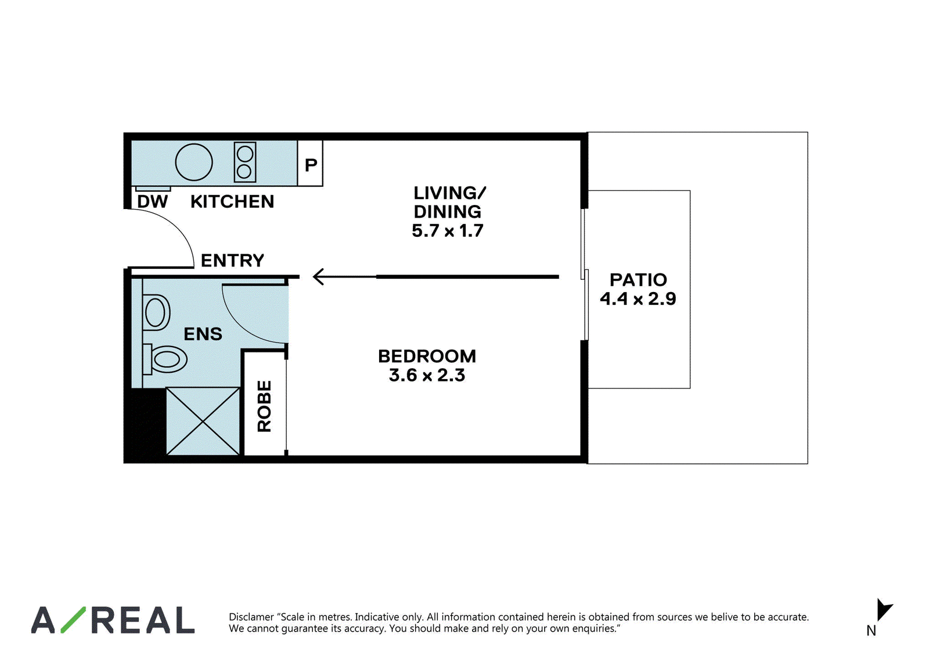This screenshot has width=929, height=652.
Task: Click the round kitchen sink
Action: (x=194, y=162)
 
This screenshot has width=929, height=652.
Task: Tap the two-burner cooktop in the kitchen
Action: (x=244, y=162)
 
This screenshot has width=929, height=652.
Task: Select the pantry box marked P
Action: (x=310, y=163)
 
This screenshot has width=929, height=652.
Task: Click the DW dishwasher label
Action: (x=152, y=201)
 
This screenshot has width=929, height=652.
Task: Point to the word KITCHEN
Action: (x=232, y=201)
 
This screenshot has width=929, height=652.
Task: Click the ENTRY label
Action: (x=232, y=261)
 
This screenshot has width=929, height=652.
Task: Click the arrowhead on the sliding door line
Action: (x=319, y=276)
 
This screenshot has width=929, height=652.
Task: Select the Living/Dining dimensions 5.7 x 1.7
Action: (x=448, y=230)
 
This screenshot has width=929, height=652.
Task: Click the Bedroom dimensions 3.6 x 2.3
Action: (x=427, y=375)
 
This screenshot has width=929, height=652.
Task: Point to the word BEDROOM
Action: (x=427, y=356)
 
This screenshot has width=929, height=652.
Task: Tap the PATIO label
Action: (x=638, y=280)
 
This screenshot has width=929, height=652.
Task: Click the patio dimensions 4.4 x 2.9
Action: (x=638, y=298)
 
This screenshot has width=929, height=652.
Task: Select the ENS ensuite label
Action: (x=203, y=334)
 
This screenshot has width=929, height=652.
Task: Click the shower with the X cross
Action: (x=203, y=421)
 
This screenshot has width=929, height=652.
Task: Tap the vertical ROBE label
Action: (x=264, y=406)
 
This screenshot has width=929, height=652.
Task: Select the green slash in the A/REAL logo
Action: (x=73, y=619)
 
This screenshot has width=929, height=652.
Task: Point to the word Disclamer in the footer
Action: (x=251, y=617)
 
